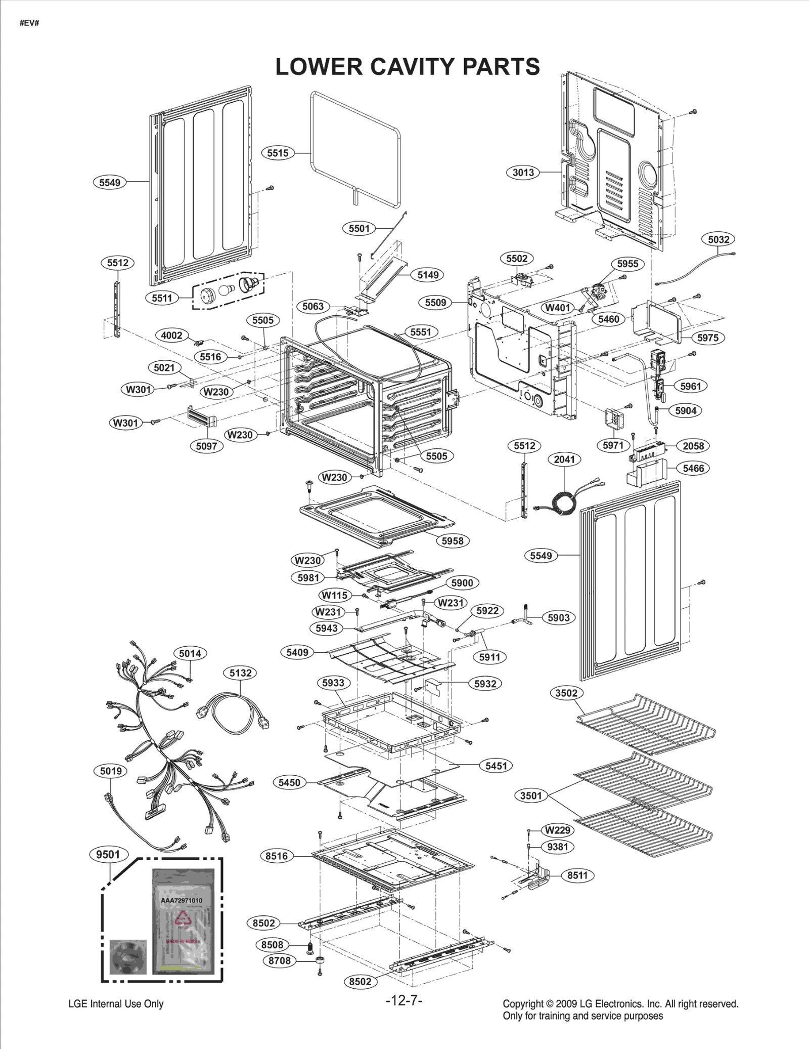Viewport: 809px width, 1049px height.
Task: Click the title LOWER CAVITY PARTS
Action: pyautogui.click(x=408, y=67)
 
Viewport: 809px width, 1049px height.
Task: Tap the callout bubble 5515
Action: pyautogui.click(x=278, y=153)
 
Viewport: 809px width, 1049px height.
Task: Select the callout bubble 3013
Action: pyautogui.click(x=523, y=173)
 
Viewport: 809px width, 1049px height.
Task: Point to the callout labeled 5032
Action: pyautogui.click(x=718, y=239)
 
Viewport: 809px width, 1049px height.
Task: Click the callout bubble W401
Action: pyautogui.click(x=558, y=308)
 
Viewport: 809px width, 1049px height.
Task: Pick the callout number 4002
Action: pyautogui.click(x=171, y=335)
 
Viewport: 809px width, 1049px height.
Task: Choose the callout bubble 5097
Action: pyautogui.click(x=206, y=446)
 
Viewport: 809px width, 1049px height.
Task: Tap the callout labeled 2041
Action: pyautogui.click(x=564, y=459)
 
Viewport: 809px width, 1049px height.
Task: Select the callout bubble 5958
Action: pyautogui.click(x=452, y=540)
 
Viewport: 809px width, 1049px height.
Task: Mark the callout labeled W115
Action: pyautogui.click(x=334, y=595)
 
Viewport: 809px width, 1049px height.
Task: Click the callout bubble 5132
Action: pyautogui.click(x=240, y=673)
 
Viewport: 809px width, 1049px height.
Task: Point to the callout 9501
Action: pyautogui.click(x=108, y=855)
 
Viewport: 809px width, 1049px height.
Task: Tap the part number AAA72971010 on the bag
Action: pyautogui.click(x=182, y=900)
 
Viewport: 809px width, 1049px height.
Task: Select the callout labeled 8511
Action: pyautogui.click(x=577, y=875)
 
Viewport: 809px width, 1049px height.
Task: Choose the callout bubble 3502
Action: pyautogui.click(x=566, y=693)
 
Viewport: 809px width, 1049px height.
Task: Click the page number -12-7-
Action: pyautogui.click(x=403, y=1000)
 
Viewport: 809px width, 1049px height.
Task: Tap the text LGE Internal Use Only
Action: pyautogui.click(x=116, y=1004)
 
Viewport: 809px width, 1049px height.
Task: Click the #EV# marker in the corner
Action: pyautogui.click(x=29, y=24)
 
